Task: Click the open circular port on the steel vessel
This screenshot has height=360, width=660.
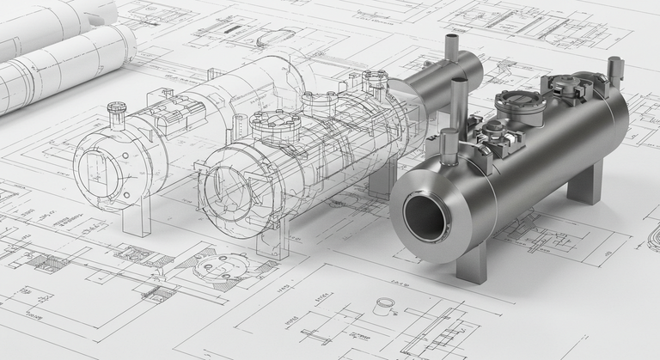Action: [426, 217]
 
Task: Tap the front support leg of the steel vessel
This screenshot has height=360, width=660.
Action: [472, 261]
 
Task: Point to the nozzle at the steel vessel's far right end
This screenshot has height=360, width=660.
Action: [614, 72]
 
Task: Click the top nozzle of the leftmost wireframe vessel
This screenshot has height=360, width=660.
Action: [116, 113]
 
